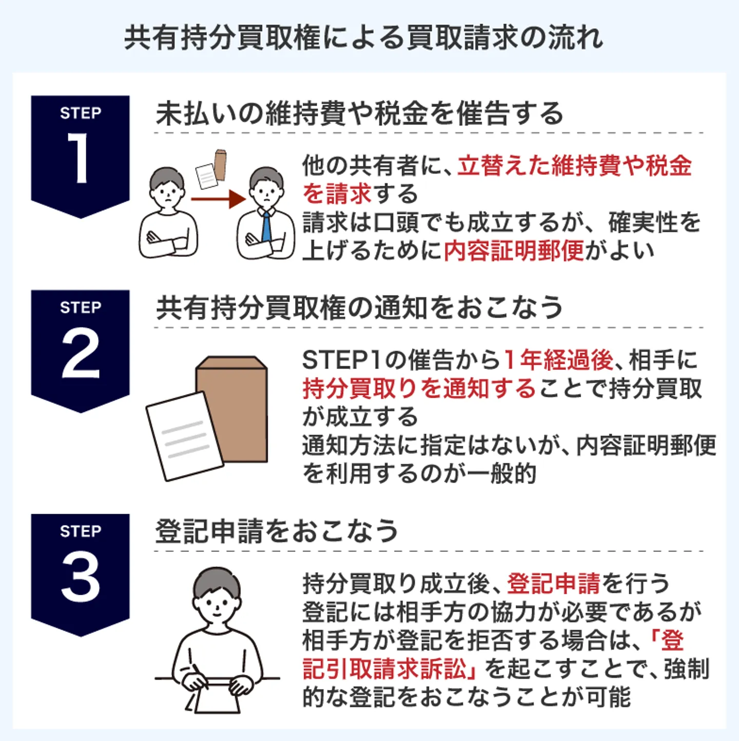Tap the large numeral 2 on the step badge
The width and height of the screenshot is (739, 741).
pos(81,353)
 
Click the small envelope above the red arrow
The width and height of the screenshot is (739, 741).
pos(220,164)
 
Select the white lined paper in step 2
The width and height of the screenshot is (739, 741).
pos(184,436)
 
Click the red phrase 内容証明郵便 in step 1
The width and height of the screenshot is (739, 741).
pos(514,251)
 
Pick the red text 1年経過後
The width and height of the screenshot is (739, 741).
pos(558,360)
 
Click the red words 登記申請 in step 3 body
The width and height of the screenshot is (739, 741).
pos(553,583)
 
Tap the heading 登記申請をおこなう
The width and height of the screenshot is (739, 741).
pos(277,531)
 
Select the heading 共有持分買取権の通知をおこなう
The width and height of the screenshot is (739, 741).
pos(359,307)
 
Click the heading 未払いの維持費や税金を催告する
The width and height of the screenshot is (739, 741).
pos(359,113)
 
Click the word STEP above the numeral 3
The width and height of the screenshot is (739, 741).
pos(81,531)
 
